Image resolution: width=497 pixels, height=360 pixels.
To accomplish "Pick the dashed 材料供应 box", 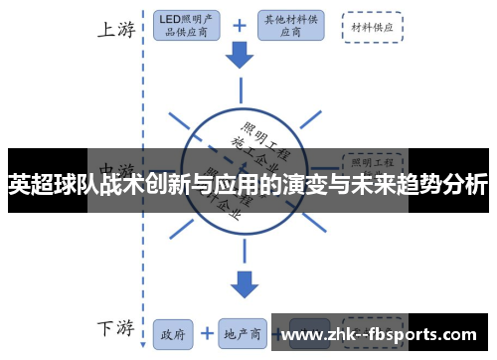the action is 372,27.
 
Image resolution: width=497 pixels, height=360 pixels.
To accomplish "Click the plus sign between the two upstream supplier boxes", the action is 240,26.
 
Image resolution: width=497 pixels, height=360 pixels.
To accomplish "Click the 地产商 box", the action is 242,332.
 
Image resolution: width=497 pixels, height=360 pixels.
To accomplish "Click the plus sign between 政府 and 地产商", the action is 207,332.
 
